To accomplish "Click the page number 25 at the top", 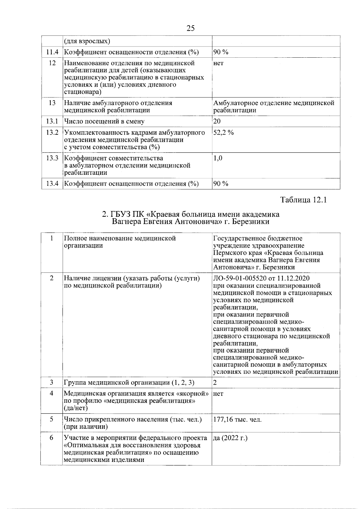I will pyautogui.click(x=191, y=28).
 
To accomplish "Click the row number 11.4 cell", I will pyautogui.click(x=52, y=52).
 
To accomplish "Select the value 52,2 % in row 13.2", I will pyautogui.click(x=224, y=133).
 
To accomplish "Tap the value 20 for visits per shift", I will pyautogui.click(x=217, y=121).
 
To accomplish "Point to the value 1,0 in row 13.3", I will pyautogui.click(x=218, y=158).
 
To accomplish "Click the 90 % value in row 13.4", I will pyautogui.click(x=221, y=184).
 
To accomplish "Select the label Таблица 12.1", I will pyautogui.click(x=303, y=200).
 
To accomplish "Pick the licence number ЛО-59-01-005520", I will pyautogui.click(x=237, y=278).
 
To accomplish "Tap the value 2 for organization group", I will pyautogui.click(x=215, y=383).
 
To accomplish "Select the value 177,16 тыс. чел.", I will pyautogui.click(x=237, y=419).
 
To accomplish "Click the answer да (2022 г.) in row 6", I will pyautogui.click(x=230, y=438).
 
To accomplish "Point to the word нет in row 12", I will pyautogui.click(x=218, y=63).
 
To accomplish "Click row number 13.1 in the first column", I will pyautogui.click(x=52, y=121).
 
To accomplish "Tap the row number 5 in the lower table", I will pyautogui.click(x=52, y=419).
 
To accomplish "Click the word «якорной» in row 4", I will pyautogui.click(x=193, y=394).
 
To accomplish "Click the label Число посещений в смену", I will pyautogui.click(x=104, y=121).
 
